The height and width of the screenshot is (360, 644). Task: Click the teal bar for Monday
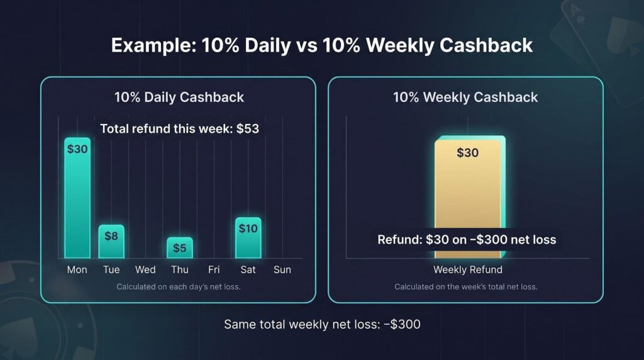[x=77, y=198]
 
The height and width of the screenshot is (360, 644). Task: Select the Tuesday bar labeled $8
[x=111, y=242]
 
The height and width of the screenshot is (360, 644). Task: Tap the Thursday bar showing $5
[x=179, y=248]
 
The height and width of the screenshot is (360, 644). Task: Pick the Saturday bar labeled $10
[x=248, y=238]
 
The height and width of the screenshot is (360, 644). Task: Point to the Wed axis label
[x=145, y=269]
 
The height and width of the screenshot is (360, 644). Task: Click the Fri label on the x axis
[x=214, y=269]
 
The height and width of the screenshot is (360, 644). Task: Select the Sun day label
[x=282, y=269]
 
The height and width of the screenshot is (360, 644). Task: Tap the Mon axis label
[x=77, y=269]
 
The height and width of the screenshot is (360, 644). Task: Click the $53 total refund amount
[x=248, y=128]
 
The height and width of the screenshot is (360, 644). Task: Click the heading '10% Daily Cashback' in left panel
[x=179, y=98]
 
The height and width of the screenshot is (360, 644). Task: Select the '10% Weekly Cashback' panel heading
[x=465, y=98]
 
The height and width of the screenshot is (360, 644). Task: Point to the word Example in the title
[x=154, y=45]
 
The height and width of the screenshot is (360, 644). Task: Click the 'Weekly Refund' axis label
[x=468, y=269]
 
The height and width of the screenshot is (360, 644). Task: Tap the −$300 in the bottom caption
[x=402, y=324]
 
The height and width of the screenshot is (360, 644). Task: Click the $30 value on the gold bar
[x=468, y=153]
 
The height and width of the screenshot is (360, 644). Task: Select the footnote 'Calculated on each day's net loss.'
[x=179, y=287]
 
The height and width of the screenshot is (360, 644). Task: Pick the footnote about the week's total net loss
[x=466, y=287]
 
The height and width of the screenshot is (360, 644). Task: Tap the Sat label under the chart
[x=248, y=269]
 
